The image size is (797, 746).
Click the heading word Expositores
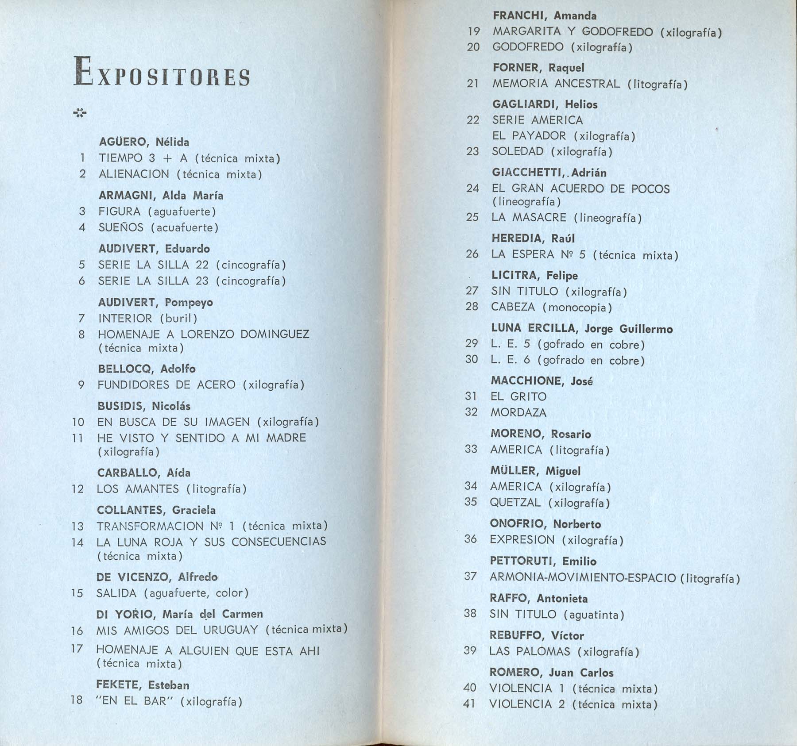(x=162, y=72)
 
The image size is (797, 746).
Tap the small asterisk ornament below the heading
(x=80, y=114)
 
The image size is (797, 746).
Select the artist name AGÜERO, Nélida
(x=144, y=142)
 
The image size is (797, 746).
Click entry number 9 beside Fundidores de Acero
(x=81, y=385)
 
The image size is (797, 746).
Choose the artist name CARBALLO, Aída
(x=144, y=473)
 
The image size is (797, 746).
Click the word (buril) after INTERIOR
(x=178, y=318)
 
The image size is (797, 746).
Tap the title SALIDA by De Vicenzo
(x=116, y=593)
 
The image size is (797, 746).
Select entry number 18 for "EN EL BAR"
(x=77, y=700)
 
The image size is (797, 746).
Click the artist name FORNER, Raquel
(x=538, y=68)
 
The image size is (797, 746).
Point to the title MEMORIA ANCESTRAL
(x=556, y=84)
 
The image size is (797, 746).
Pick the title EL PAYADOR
(x=529, y=136)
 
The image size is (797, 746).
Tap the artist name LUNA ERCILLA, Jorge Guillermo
(x=581, y=328)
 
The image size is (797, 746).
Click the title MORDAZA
(x=518, y=412)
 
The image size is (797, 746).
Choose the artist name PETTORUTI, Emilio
(x=543, y=561)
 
